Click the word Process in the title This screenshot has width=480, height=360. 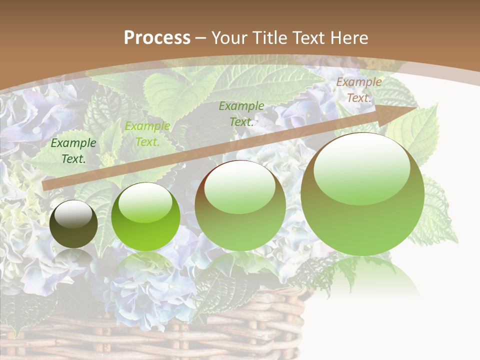pos(157,38)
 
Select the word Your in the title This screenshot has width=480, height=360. pos(229,38)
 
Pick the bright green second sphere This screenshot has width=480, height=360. pos(145,218)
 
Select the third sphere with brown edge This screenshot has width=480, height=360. pos(240,206)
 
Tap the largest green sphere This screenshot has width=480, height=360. pos(362,195)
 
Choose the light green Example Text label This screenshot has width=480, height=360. pos(147,134)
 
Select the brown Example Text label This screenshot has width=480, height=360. pos(358,90)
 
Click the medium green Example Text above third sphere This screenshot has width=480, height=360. pos(241,113)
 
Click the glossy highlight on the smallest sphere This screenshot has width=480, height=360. pos(73,214)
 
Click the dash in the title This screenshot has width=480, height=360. pos(201,38)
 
